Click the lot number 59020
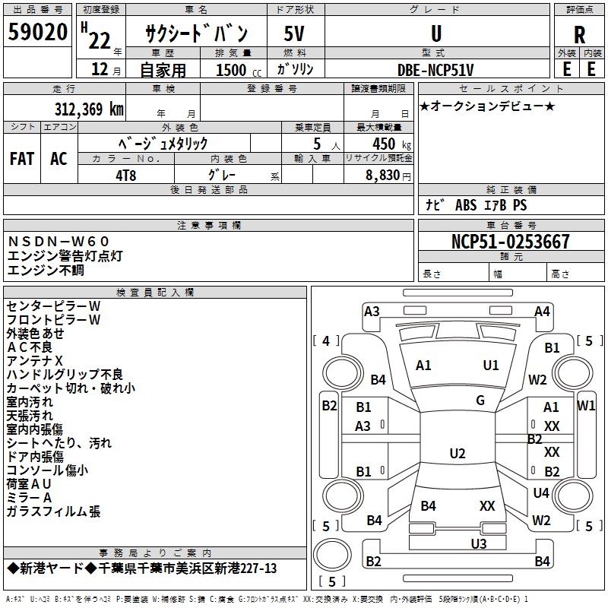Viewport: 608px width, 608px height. click(x=37, y=34)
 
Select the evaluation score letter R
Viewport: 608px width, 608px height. click(x=579, y=35)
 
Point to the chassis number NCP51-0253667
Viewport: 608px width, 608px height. click(x=510, y=242)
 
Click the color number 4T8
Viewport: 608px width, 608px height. click(x=126, y=173)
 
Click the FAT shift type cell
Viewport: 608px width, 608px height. click(x=22, y=159)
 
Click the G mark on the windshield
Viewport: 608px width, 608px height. click(x=480, y=401)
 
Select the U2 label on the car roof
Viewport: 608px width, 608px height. click(x=457, y=454)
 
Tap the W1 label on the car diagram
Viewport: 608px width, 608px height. click(x=586, y=405)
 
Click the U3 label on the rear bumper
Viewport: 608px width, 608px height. click(x=478, y=543)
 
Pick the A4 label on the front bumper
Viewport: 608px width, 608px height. click(x=542, y=311)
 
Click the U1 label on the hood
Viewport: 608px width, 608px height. click(x=491, y=365)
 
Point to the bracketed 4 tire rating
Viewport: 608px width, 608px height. click(x=326, y=340)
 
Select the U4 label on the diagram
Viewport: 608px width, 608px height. click(x=541, y=493)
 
